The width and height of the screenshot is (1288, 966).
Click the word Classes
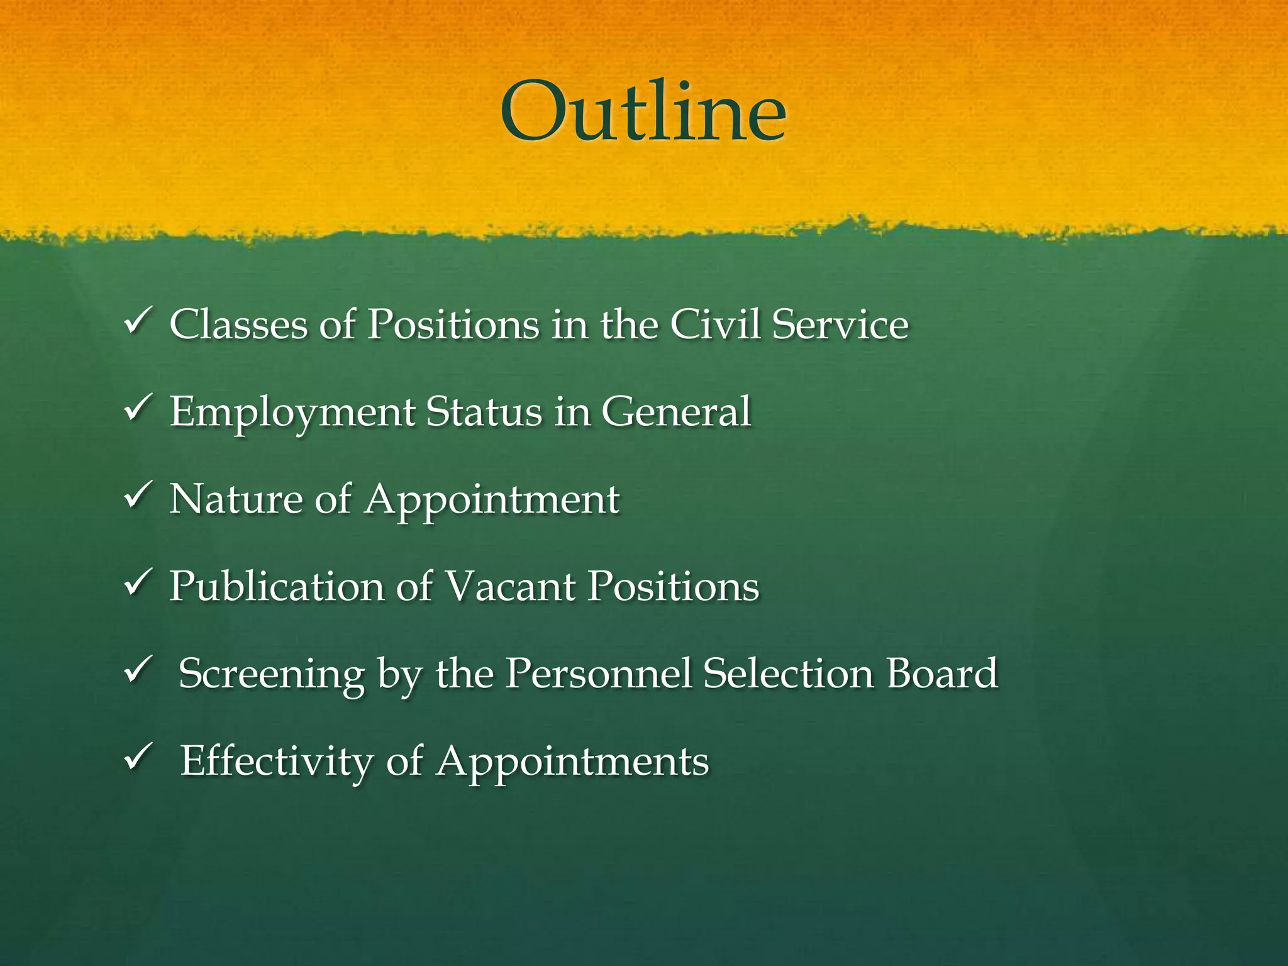[238, 325]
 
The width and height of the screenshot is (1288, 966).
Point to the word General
[677, 412]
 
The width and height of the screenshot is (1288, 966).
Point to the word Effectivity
[277, 762]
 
